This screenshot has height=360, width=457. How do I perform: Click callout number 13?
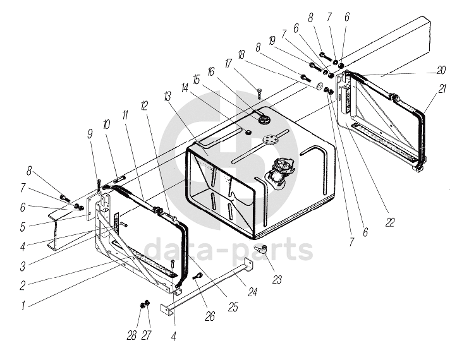[167, 97]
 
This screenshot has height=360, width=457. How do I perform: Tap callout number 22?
[389, 222]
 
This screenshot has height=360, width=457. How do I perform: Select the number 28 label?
[131, 335]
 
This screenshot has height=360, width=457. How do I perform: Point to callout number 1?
[23, 306]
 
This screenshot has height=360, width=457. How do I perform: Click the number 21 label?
[442, 89]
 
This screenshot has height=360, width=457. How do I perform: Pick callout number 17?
[228, 64]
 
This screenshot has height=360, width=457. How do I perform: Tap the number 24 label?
[252, 292]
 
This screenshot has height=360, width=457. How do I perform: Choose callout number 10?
[106, 125]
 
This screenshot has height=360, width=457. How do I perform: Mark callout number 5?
[23, 227]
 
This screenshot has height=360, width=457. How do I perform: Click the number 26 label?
[210, 316]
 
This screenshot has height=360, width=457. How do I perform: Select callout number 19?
[272, 41]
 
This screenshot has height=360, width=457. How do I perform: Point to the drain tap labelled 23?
[261, 249]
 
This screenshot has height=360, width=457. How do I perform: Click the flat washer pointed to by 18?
[319, 86]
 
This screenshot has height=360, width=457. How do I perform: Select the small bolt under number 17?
[259, 93]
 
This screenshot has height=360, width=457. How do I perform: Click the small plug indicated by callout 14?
[248, 132]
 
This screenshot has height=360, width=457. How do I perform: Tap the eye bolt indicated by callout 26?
[197, 275]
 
